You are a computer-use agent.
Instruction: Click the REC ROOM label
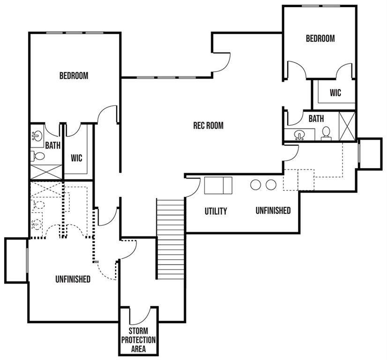[x=208, y=126]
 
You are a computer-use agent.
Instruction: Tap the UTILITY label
[x=216, y=211]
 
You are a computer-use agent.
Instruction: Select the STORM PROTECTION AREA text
[x=139, y=340]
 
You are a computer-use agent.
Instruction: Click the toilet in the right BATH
[x=326, y=134]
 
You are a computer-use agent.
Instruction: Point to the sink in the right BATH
[x=299, y=135]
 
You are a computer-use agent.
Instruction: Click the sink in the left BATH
[x=37, y=135]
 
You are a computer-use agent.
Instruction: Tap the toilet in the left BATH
[x=37, y=156]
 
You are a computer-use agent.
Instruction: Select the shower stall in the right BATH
[x=347, y=127]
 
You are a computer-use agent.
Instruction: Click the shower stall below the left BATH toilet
[x=46, y=172]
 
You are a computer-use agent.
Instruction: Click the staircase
[x=171, y=239]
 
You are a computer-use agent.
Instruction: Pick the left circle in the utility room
[x=255, y=185]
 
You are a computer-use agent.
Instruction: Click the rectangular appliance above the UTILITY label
[x=218, y=186]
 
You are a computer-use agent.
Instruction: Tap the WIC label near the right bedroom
[x=335, y=93]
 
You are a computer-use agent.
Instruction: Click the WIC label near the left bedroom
[x=76, y=158]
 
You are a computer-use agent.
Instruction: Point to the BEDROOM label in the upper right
[x=320, y=38]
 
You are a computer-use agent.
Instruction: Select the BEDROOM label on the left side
[x=74, y=75]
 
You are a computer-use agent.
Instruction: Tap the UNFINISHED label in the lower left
[x=73, y=279]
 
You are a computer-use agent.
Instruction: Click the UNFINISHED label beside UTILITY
[x=273, y=210]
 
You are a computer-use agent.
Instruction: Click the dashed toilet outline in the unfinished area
[x=39, y=205]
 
